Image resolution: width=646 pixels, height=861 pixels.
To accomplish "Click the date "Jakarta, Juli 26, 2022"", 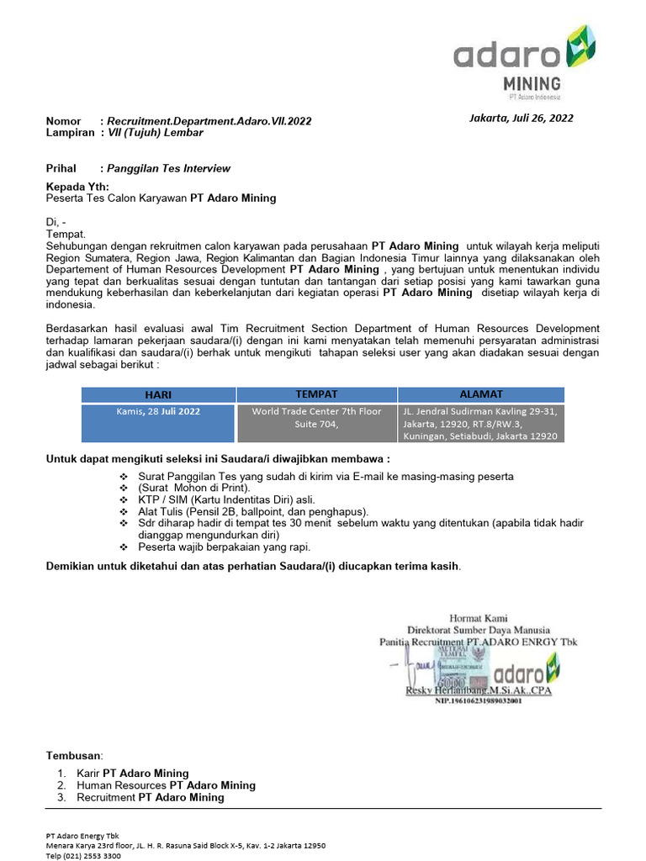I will click(521, 118).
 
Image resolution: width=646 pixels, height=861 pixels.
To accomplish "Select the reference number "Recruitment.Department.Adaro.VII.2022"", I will click(209, 121).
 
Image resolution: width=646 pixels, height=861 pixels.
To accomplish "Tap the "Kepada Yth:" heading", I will click(77, 186).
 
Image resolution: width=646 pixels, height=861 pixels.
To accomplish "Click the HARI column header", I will click(158, 394).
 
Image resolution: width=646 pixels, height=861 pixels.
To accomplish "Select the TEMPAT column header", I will click(316, 394).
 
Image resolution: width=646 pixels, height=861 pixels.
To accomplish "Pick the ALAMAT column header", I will click(481, 394).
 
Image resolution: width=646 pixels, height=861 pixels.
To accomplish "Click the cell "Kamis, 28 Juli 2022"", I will click(158, 411).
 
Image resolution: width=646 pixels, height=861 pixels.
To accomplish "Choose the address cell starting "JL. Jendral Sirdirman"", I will click(481, 423).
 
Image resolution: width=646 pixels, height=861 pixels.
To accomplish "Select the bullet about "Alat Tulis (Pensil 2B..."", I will click(253, 511).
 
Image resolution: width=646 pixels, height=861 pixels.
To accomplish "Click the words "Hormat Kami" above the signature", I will click(479, 618).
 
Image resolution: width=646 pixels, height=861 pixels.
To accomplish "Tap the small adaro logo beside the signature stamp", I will click(527, 672).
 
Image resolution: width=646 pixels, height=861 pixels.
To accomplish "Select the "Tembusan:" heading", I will click(75, 756).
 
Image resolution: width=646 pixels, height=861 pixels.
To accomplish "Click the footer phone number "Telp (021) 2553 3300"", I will click(83, 855).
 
